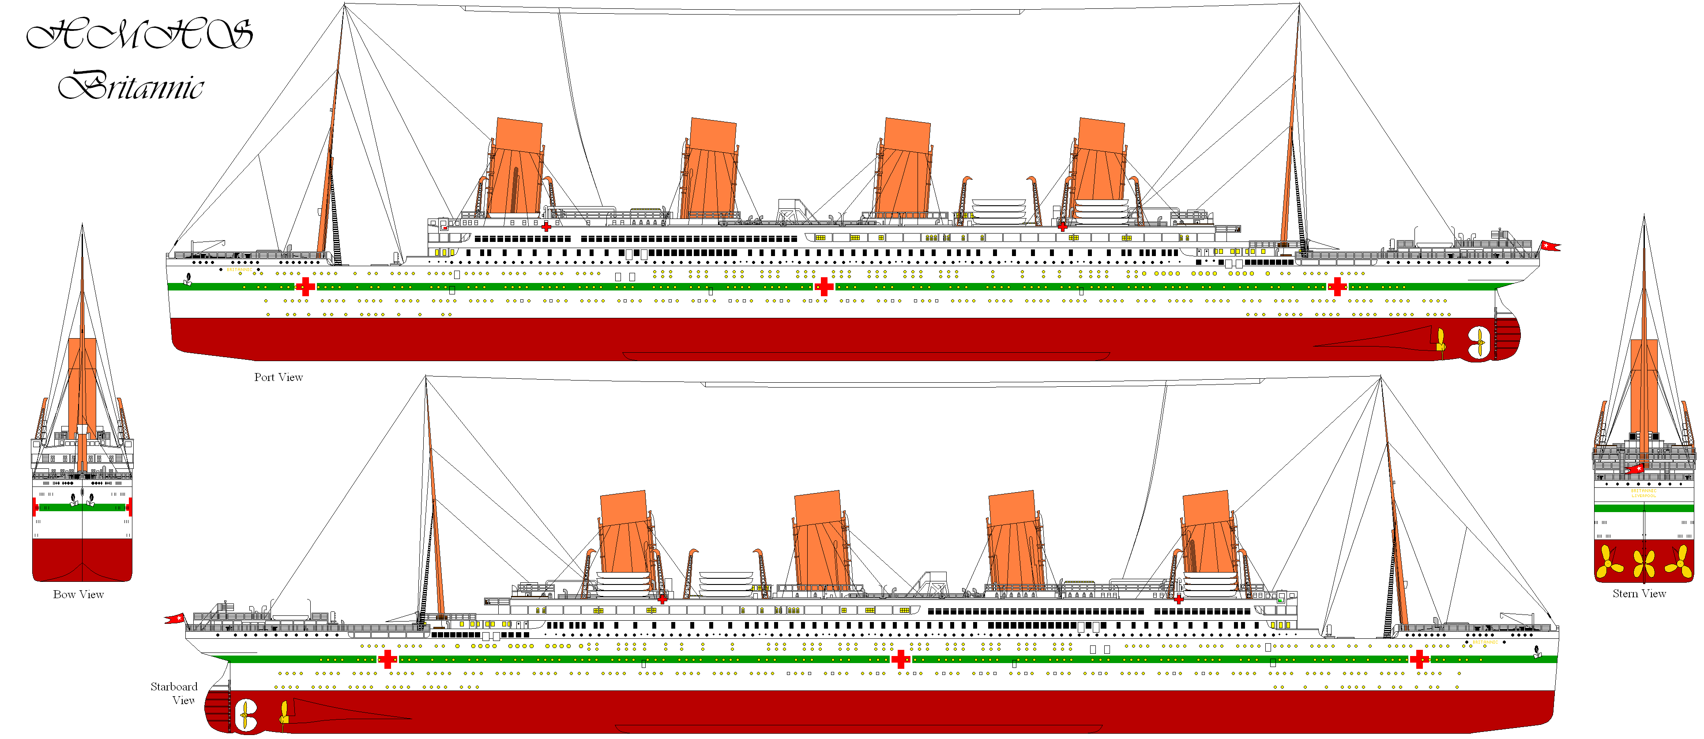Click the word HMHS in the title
pyautogui.click(x=139, y=34)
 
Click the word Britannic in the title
pyautogui.click(x=131, y=86)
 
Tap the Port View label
pyautogui.click(x=278, y=377)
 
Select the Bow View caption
pyautogui.click(x=78, y=594)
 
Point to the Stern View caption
pyautogui.click(x=1639, y=593)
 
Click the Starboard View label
pyautogui.click(x=174, y=693)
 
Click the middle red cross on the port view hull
pyautogui.click(x=824, y=287)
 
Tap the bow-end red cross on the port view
pyautogui.click(x=305, y=287)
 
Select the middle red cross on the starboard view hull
pyautogui.click(x=899, y=659)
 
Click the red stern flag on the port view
pyautogui.click(x=1550, y=246)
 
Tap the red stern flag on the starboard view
pyautogui.click(x=175, y=618)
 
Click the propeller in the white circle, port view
pyautogui.click(x=1478, y=342)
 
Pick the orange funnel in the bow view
pyautogui.click(x=82, y=384)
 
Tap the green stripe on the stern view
pyautogui.click(x=1644, y=508)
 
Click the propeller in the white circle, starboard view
pyautogui.click(x=245, y=715)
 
